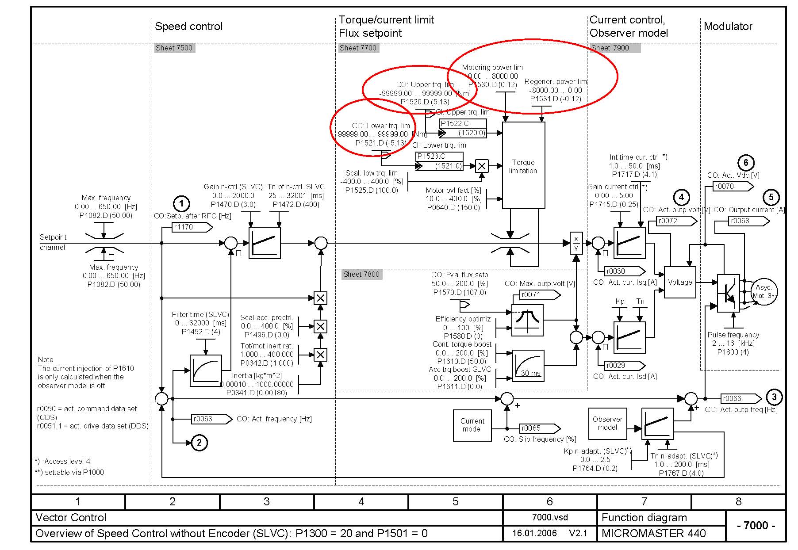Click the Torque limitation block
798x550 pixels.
(x=523, y=166)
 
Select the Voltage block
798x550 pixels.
(x=680, y=282)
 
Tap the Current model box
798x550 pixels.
(x=472, y=425)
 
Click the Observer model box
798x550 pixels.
(x=607, y=423)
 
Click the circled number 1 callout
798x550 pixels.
(x=181, y=204)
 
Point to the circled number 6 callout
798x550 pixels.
(x=746, y=163)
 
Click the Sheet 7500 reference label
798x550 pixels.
(x=174, y=48)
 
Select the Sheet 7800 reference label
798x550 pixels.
(x=361, y=274)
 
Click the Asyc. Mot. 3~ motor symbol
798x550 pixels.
(x=764, y=292)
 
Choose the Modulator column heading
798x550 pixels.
(x=728, y=27)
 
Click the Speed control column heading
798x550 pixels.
(x=188, y=27)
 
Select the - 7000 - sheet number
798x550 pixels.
(x=756, y=525)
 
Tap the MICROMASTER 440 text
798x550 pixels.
(x=653, y=533)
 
